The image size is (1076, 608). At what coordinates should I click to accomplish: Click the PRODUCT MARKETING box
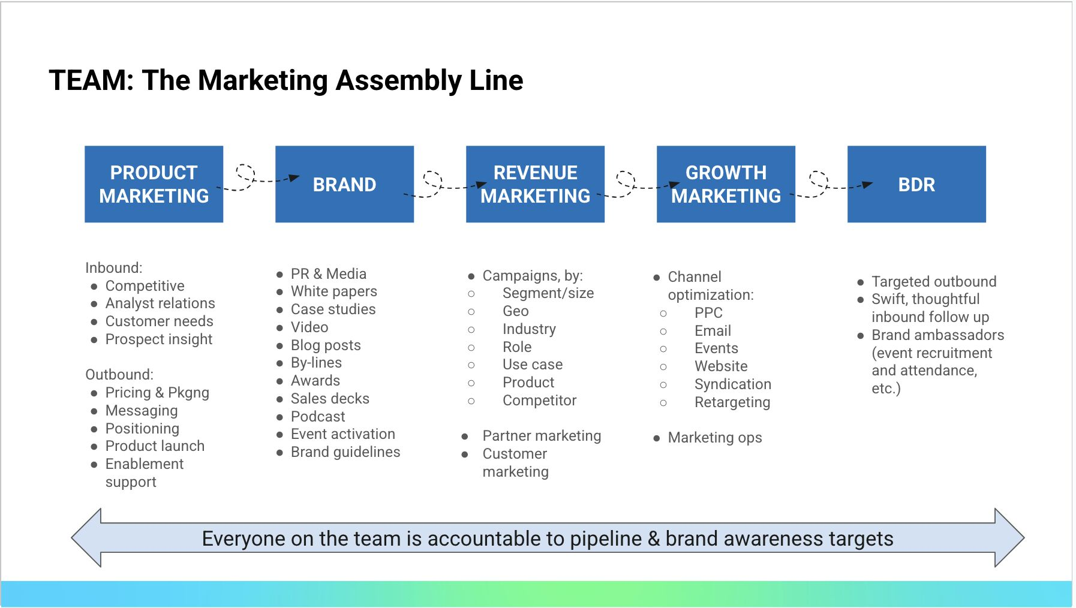[x=154, y=184]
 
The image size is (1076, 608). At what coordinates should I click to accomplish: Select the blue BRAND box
[x=344, y=184]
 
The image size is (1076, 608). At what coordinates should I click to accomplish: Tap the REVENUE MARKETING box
[x=535, y=184]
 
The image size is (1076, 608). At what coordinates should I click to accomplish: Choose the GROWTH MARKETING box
[x=726, y=184]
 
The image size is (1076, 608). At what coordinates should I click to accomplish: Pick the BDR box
[x=916, y=184]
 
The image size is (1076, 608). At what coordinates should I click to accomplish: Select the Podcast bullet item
[x=318, y=416]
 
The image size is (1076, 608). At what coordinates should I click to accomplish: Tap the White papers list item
[x=334, y=291]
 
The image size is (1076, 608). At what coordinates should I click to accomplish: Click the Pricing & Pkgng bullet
[x=157, y=393]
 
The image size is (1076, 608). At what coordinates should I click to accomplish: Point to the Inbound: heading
[x=114, y=267]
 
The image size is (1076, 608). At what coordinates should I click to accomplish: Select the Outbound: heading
[x=119, y=374]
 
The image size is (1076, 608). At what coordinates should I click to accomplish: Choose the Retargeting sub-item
[x=732, y=402]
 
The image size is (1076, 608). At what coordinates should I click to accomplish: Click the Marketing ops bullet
[x=715, y=438]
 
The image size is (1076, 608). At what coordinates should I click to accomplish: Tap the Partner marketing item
[x=542, y=436]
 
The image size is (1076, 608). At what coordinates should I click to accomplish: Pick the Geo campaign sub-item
[x=516, y=311]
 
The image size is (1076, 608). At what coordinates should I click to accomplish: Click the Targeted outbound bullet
[x=934, y=282]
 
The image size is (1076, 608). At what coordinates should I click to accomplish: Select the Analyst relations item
[x=160, y=303]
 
